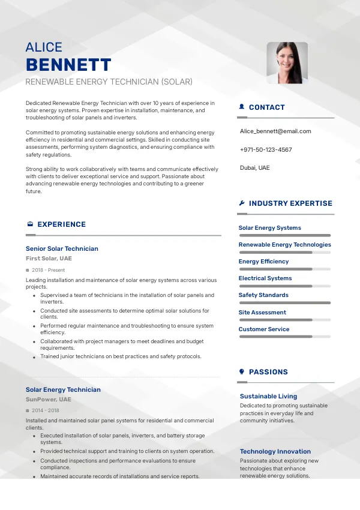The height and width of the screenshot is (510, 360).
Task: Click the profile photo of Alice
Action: tap(287, 62)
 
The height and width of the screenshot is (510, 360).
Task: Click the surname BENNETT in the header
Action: tap(68, 65)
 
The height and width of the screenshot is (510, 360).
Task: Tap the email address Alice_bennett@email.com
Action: tap(275, 131)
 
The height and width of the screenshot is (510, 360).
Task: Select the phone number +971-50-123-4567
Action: tap(266, 149)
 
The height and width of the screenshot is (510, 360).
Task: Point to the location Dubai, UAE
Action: tap(255, 168)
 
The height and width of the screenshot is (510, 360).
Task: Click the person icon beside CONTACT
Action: tap(242, 107)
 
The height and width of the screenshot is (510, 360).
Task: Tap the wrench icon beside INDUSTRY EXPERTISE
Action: tap(242, 203)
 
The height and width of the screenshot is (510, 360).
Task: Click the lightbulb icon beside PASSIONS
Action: tap(242, 372)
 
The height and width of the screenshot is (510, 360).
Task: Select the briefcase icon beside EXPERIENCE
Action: tap(30, 224)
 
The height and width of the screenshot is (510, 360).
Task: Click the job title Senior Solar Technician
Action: tap(62, 248)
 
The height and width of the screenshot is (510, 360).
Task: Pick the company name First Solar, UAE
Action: tap(49, 259)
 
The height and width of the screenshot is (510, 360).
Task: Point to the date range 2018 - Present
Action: tap(48, 270)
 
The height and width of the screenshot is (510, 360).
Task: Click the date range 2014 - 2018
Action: tap(45, 410)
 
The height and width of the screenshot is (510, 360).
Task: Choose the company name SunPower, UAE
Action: tap(48, 400)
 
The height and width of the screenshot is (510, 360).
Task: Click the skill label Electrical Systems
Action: tap(265, 278)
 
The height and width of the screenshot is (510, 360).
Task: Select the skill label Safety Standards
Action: tap(263, 295)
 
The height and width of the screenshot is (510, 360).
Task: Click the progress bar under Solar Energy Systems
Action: tap(284, 235)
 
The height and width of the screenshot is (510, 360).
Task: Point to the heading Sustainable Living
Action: tap(268, 397)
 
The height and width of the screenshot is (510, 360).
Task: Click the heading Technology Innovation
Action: tap(275, 452)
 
